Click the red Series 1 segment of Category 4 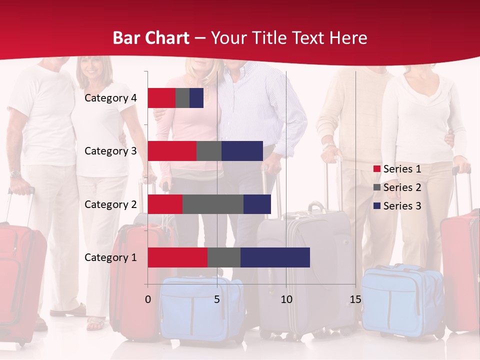point(161,98)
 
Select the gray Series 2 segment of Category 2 point(213,204)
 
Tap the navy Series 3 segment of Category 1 point(275,257)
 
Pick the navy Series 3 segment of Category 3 point(242,151)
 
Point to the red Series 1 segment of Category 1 point(177,257)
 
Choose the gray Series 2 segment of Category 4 point(182,98)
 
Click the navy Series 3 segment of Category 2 point(257,204)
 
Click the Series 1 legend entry point(397,169)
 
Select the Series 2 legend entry point(397,187)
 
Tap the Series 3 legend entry point(397,206)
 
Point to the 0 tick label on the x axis point(147,299)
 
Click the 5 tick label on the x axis point(217,299)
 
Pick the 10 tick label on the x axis point(286,299)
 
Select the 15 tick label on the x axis point(355,299)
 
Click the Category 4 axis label point(110,98)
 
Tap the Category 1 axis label point(110,257)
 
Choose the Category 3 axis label point(110,151)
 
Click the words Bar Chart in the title point(151,38)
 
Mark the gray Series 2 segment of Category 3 point(209,151)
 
